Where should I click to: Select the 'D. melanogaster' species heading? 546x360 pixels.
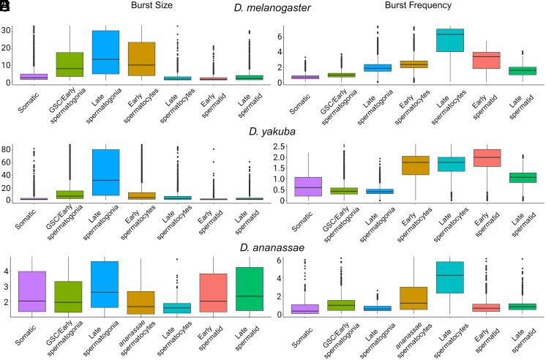(273, 8)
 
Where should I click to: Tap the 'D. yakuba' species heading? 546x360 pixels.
(273, 132)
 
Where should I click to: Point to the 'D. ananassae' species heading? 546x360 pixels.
(273, 247)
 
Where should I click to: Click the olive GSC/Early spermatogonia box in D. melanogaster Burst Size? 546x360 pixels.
(72, 64)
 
